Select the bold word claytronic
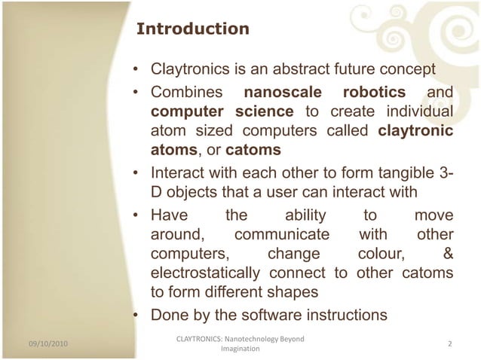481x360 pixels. click(x=415, y=130)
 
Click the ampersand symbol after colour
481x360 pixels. click(x=447, y=253)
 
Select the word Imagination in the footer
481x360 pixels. click(x=240, y=349)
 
